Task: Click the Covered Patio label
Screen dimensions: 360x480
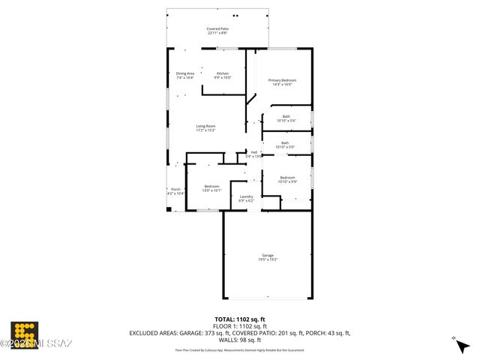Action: pos(218,28)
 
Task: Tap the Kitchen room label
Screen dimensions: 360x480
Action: pos(223,73)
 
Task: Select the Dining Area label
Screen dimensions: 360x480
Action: pos(185,73)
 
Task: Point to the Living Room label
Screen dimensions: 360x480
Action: pos(205,126)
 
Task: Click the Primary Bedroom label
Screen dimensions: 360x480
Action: pos(282,79)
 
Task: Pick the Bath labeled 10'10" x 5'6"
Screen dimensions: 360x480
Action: pos(286,116)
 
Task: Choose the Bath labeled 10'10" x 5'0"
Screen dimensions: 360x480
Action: pos(285,142)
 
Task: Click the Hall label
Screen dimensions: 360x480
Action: pos(254,152)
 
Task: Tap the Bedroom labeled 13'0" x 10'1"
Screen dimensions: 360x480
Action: pos(211,186)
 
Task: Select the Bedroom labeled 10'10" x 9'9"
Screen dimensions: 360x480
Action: pos(287,178)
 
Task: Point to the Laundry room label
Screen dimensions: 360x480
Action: pos(246,197)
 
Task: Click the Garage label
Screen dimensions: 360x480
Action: pos(268,255)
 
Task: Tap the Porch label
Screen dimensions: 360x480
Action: pos(175,189)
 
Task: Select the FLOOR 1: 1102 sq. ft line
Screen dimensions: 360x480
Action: pos(239,326)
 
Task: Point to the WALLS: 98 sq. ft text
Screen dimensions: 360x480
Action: pos(239,340)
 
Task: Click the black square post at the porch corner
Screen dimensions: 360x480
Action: pos(169,209)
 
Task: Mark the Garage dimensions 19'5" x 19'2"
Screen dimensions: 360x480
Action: pos(268,259)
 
